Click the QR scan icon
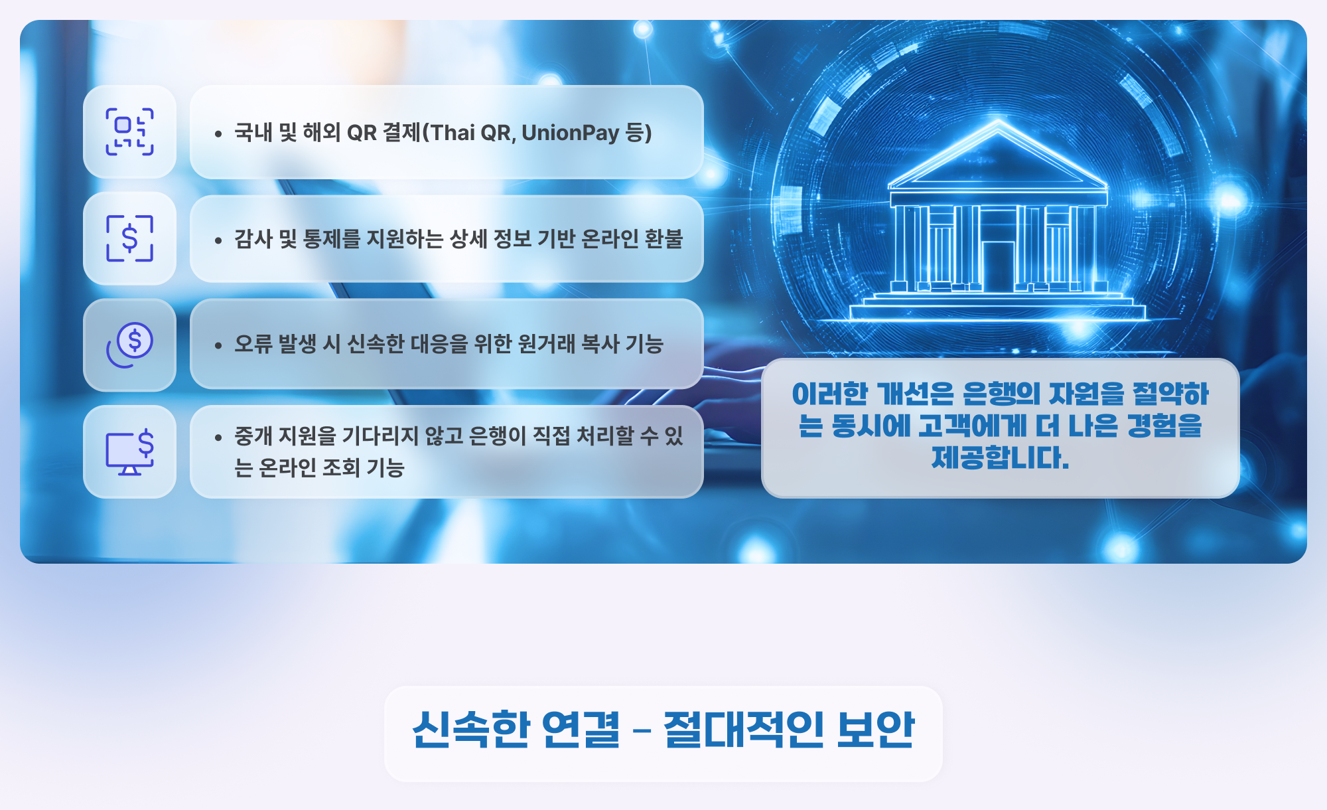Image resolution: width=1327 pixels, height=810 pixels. coord(130,131)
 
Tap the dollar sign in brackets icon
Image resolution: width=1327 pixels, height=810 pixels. coord(130,238)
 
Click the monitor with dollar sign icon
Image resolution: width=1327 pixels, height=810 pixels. coord(130,452)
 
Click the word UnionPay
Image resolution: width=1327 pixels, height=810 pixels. coord(571,133)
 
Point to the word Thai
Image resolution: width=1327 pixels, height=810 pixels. coord(453,133)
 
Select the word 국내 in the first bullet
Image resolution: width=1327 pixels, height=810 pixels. coord(253,132)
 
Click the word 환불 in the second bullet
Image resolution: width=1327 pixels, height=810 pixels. coord(663,238)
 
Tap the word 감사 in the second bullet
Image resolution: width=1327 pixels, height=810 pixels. coord(253,238)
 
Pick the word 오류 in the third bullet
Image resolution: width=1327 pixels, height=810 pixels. coord(253,344)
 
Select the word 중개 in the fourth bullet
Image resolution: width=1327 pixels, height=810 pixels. coord(253,436)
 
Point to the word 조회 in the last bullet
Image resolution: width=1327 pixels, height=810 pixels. coord(342,467)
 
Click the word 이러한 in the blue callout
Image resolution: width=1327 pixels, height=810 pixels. coord(830,394)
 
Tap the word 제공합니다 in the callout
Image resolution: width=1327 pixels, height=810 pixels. coord(1001,457)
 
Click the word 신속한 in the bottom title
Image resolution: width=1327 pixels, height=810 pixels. coord(471,730)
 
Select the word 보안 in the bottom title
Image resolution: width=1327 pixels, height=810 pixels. coord(876,730)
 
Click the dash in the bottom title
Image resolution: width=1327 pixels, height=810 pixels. coord(642,731)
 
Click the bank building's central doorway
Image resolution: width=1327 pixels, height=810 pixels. coord(998,266)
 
